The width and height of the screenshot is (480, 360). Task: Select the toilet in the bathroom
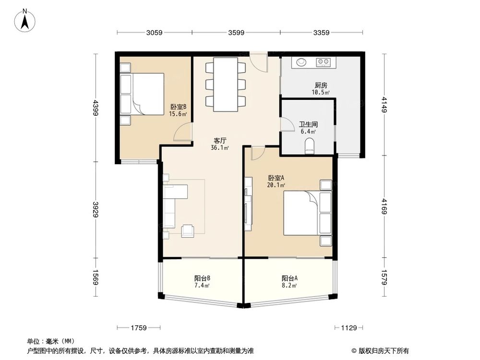tap(310, 146)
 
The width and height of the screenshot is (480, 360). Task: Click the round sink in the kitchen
tap(301, 62)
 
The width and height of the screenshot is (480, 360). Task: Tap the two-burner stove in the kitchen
tap(323, 62)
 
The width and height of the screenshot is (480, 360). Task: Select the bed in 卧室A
tap(302, 213)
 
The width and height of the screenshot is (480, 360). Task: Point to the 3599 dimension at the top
tap(236, 33)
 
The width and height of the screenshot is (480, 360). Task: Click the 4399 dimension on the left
tap(96, 107)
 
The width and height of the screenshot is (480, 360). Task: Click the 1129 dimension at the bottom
tap(349, 328)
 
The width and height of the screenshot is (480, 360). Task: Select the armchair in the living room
tap(188, 231)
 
